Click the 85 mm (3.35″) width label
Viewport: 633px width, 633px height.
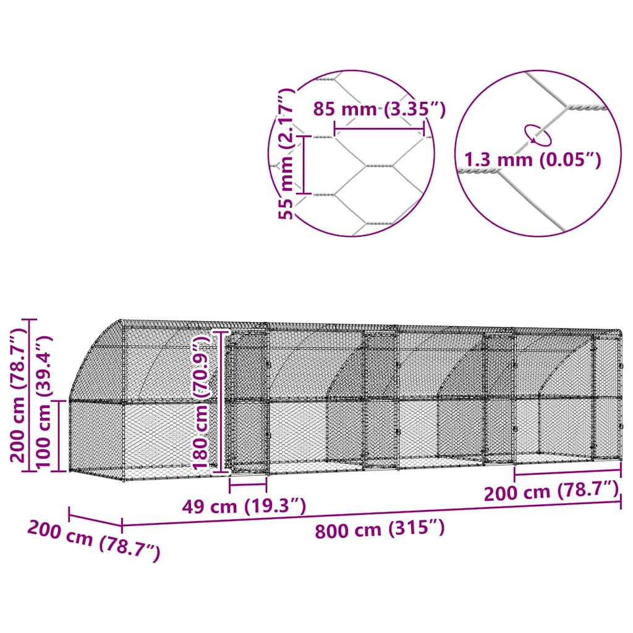[379, 109]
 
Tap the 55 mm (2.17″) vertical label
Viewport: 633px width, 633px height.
[286, 154]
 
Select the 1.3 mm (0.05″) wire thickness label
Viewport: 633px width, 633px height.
[532, 160]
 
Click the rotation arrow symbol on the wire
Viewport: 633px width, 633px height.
[537, 135]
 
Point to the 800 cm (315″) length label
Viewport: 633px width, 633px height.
[380, 529]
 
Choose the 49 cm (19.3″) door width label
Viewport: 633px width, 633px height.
[244, 506]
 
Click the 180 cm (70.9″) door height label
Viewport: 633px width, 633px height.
[201, 402]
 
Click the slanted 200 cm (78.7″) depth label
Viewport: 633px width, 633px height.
[94, 540]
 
